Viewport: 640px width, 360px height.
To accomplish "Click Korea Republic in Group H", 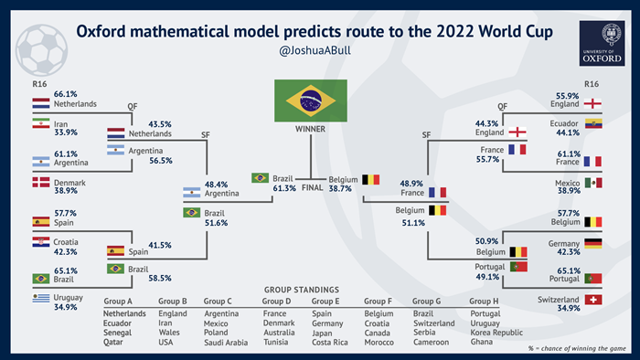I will click(x=497, y=333).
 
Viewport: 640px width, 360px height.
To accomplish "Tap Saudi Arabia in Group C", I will click(x=225, y=343).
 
